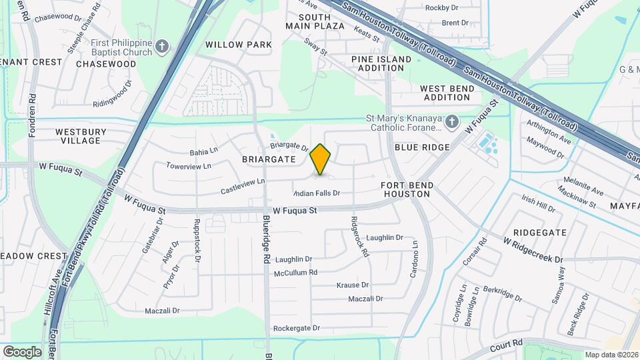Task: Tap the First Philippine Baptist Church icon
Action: (162, 46)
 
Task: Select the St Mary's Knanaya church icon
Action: (451, 121)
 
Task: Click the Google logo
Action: (22, 351)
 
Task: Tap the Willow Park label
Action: (238, 45)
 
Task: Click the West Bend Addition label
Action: (446, 93)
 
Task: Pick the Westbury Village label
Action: (81, 136)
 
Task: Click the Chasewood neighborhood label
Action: (106, 64)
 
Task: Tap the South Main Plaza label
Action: (315, 21)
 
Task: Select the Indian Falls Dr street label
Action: (317, 193)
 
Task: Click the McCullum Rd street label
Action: (295, 273)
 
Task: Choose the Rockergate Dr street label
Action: (297, 328)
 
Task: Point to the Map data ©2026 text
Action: (611, 355)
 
